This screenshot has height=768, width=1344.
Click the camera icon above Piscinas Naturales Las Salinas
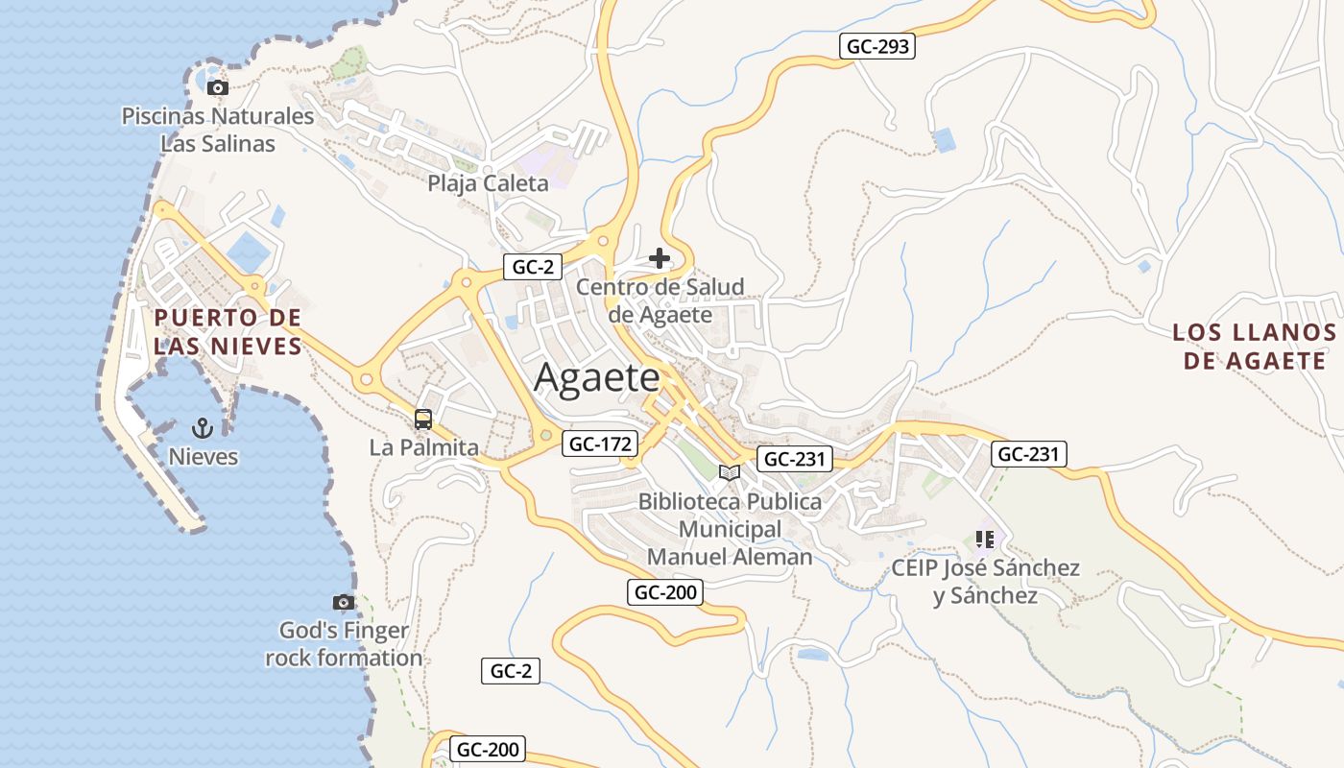click(218, 88)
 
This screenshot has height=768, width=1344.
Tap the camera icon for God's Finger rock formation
click(343, 602)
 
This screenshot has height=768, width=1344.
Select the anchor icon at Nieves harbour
click(203, 427)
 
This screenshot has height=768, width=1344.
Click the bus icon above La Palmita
click(423, 420)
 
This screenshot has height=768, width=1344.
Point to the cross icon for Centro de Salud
click(660, 258)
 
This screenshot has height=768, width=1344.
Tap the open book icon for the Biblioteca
click(730, 472)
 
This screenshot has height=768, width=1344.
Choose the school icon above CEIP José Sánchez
click(984, 540)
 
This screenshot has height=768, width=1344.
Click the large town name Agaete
click(597, 377)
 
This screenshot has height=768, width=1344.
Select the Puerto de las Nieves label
click(228, 331)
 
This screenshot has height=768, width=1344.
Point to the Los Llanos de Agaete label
click(1254, 347)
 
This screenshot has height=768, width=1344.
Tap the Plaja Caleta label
click(488, 183)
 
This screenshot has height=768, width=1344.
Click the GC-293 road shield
click(876, 46)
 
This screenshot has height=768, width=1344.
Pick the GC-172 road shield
click(600, 444)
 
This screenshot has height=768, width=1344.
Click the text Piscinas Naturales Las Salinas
click(218, 131)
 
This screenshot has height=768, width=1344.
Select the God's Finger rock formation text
click(344, 644)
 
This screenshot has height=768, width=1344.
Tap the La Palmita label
click(423, 447)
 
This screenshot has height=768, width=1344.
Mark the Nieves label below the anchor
click(203, 456)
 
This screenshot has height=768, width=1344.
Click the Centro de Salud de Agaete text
click(660, 300)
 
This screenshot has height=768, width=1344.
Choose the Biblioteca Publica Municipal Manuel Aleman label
click(730, 529)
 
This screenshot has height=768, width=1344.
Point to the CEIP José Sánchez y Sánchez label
click(985, 582)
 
